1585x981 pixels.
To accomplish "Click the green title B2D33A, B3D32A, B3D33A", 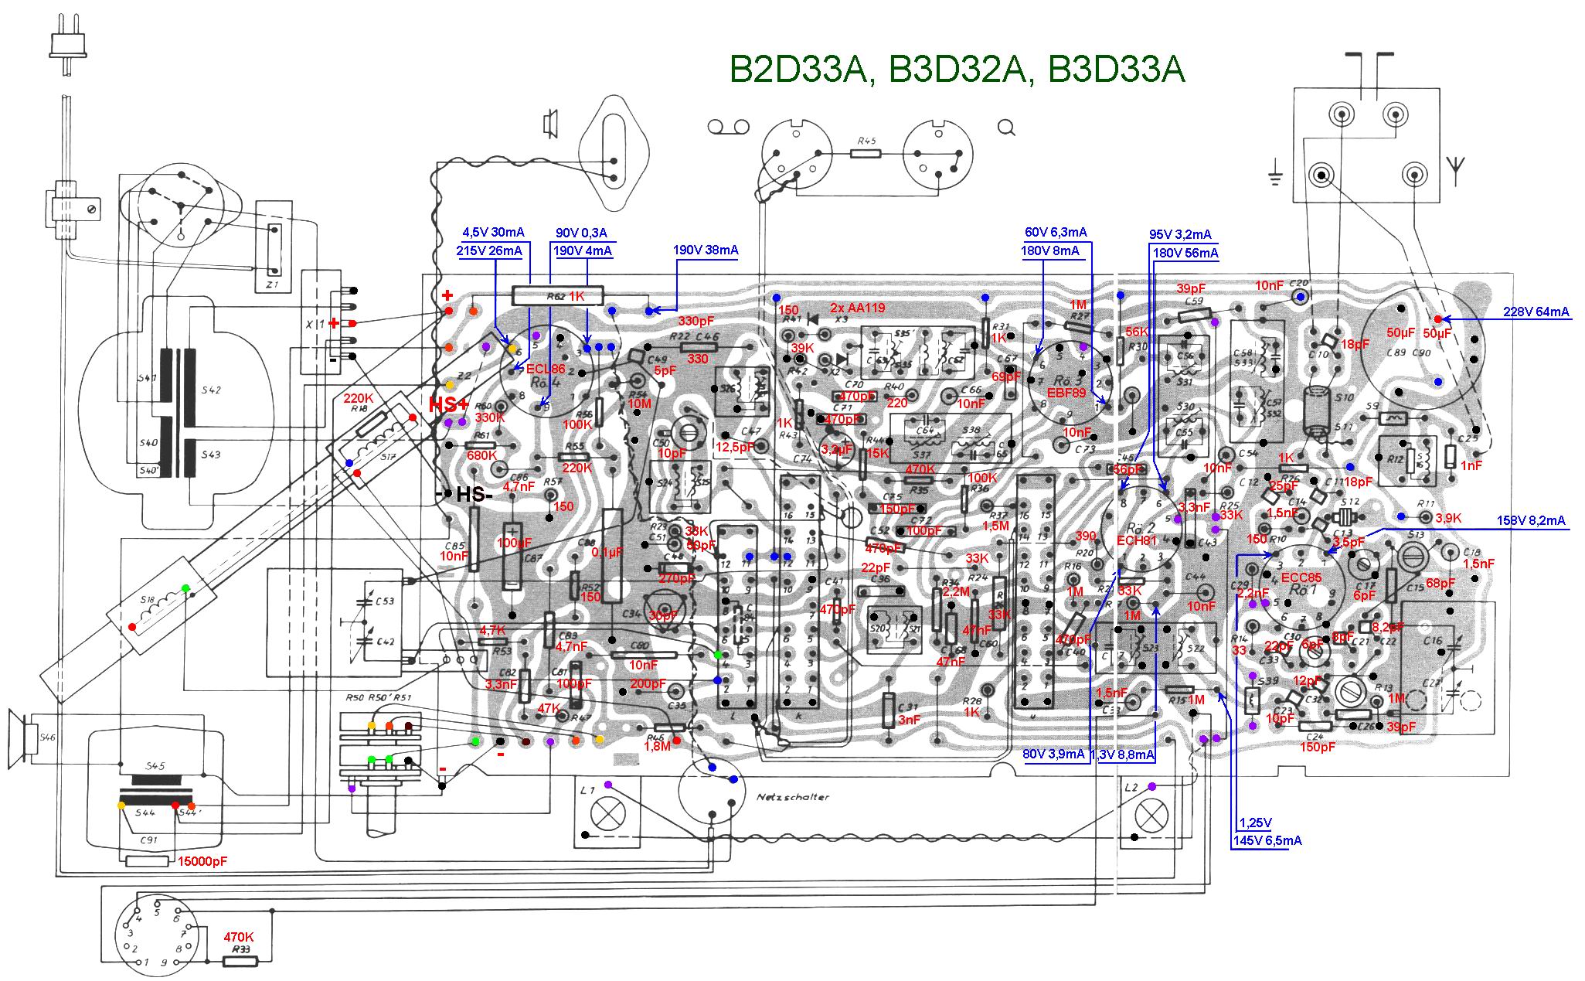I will (957, 70).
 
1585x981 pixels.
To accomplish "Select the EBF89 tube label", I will (1066, 393).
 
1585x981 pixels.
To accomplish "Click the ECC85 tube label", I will (1301, 577).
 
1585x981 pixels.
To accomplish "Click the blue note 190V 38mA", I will (705, 250).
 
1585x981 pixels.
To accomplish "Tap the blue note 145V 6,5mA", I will (1267, 840).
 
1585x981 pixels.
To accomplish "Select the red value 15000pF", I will (202, 861).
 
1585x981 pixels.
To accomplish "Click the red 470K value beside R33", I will (239, 936).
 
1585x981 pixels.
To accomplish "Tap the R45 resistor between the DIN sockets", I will (866, 152).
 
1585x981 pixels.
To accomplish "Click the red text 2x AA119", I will (857, 308).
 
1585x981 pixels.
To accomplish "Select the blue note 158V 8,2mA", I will (1531, 520).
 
